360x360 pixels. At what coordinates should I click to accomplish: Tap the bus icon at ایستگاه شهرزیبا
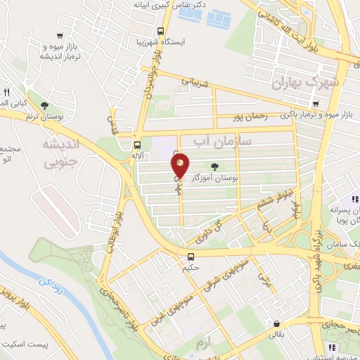(x=161, y=31)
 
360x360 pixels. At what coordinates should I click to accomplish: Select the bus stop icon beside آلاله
(x=136, y=146)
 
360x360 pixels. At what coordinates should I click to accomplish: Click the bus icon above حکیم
(x=191, y=256)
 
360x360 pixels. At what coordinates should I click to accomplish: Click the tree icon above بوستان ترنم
(x=46, y=105)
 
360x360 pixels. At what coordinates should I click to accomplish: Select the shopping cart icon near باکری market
(x=316, y=105)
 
